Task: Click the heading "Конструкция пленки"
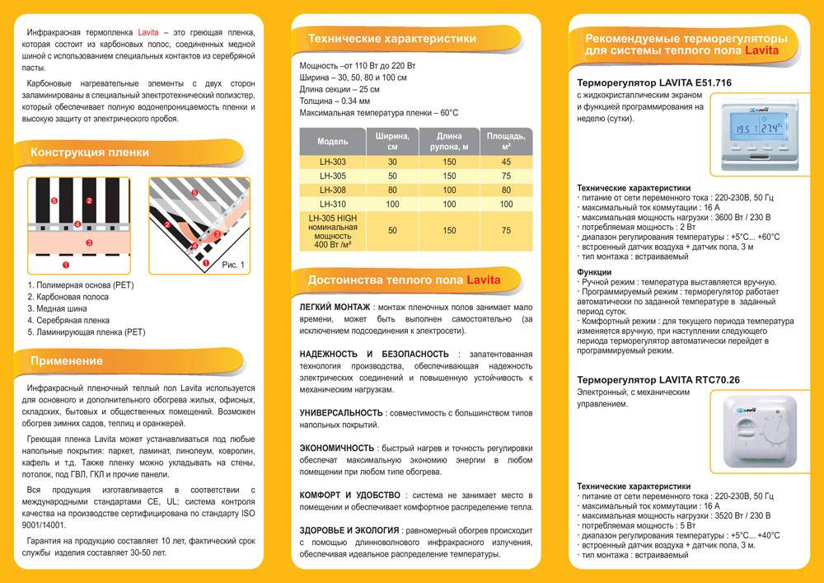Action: [x=89, y=153]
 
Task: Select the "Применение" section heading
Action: [x=67, y=361]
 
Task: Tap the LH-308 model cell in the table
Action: [x=333, y=190]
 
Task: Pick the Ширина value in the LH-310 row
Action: [x=392, y=204]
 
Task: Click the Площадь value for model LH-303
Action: [x=506, y=162]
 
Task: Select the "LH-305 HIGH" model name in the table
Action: [x=333, y=218]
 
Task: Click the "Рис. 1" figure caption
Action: [x=234, y=265]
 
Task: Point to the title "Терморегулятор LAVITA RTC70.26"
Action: [x=657, y=378]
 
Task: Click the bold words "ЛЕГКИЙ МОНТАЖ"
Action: [x=334, y=307]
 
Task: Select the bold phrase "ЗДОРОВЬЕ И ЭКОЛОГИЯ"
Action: [x=349, y=530]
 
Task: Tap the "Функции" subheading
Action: [x=593, y=272]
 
